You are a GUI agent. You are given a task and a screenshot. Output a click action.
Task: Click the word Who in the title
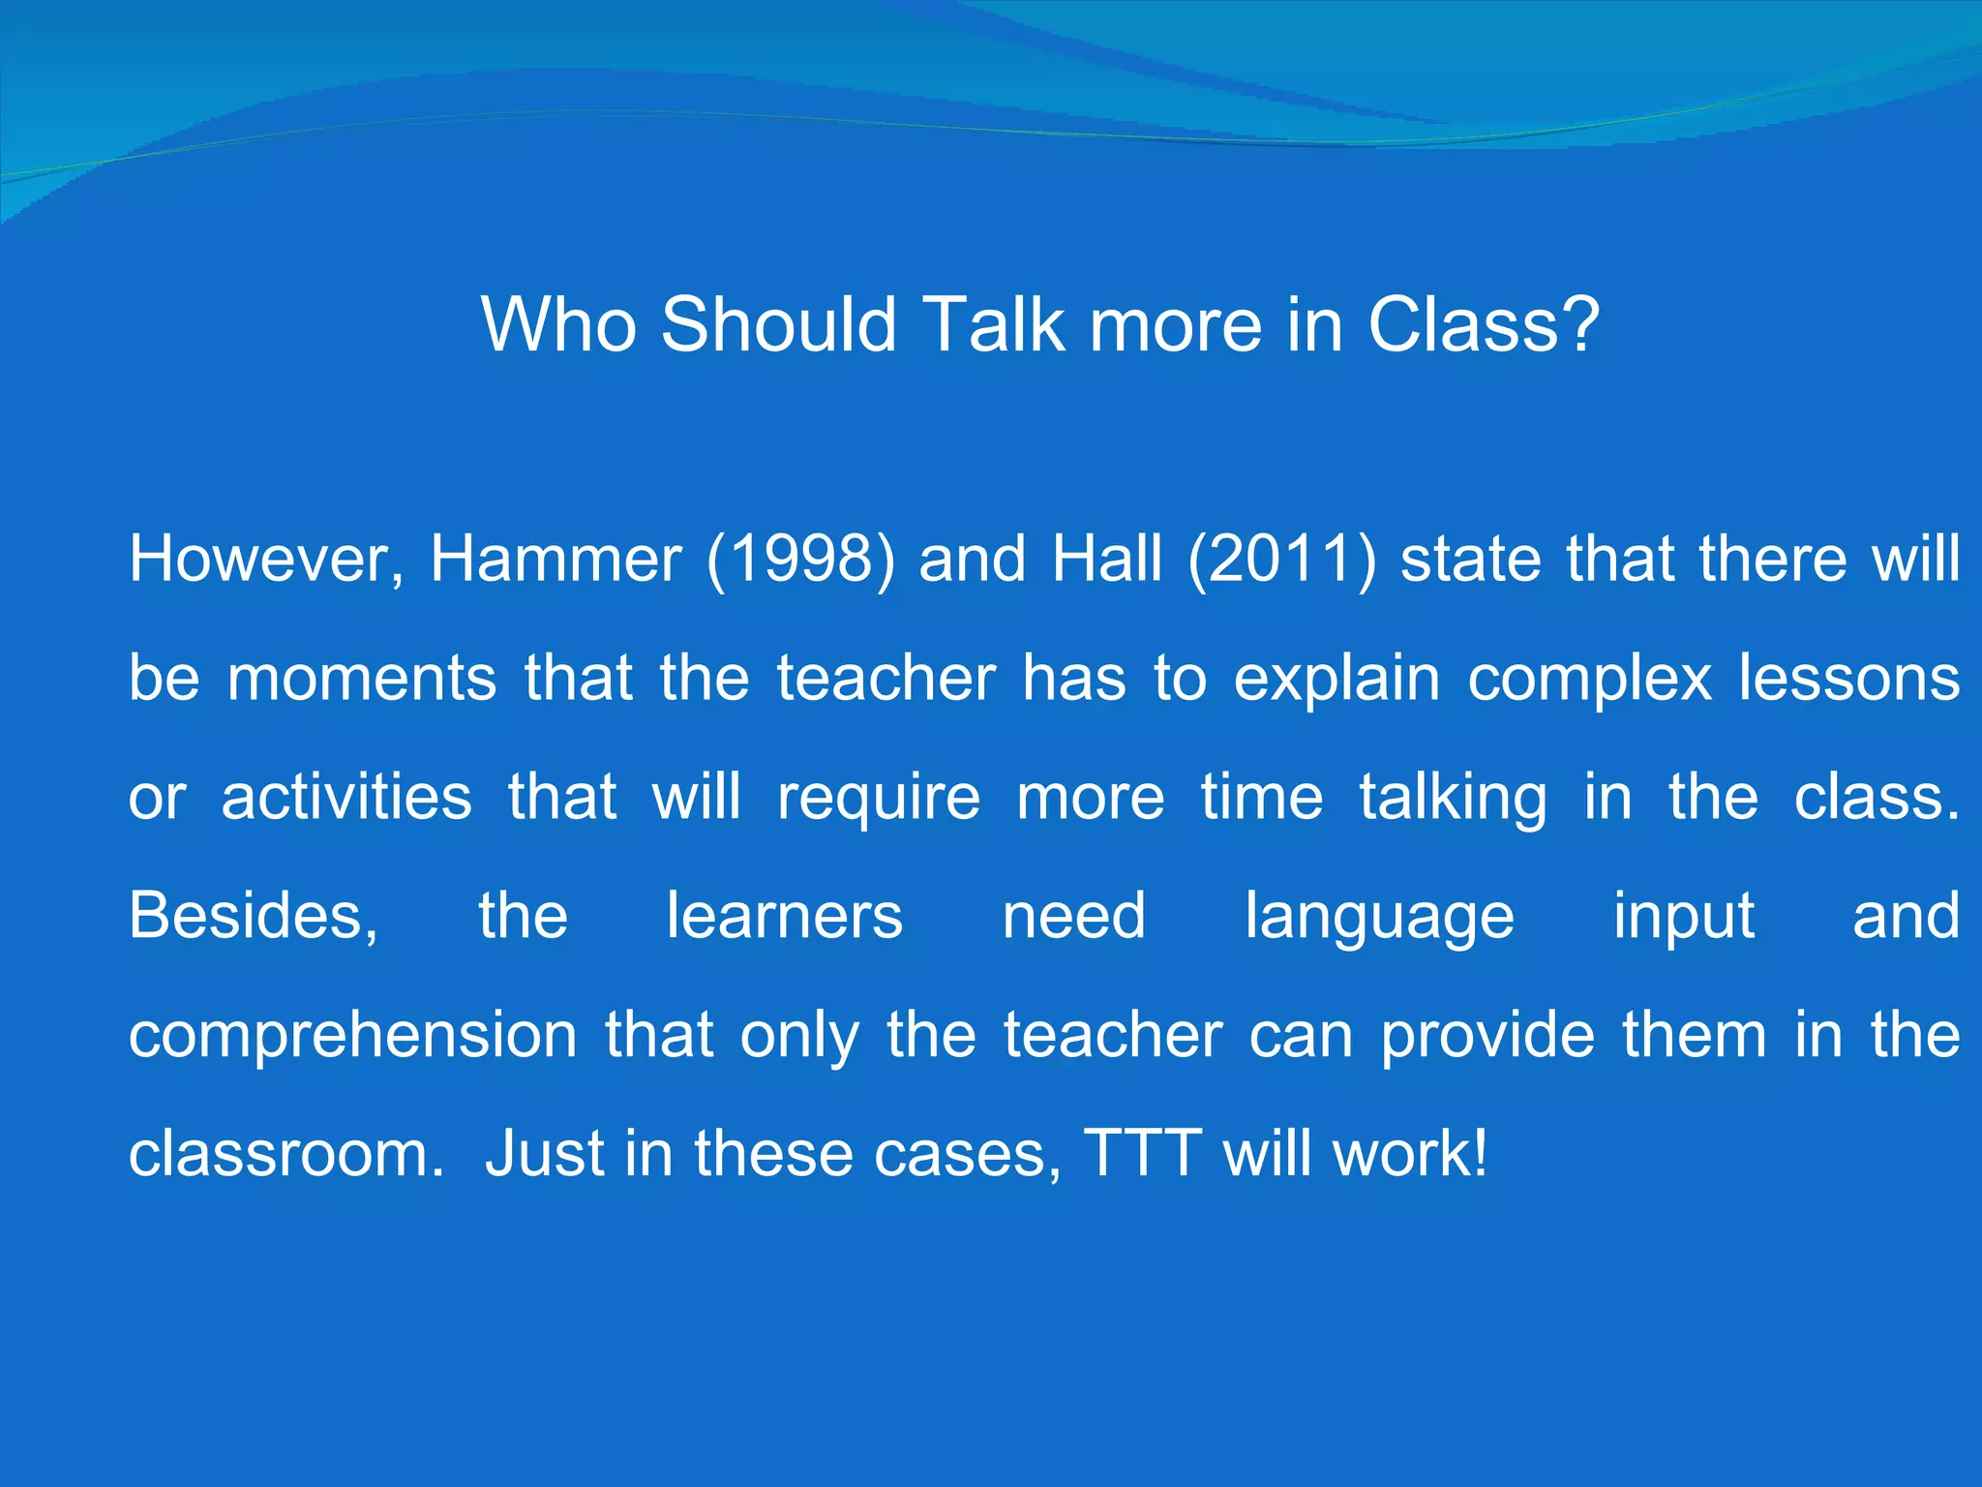[x=558, y=324]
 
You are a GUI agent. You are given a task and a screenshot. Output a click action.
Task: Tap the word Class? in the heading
[x=1484, y=324]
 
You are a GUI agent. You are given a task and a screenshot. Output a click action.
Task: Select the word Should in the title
[x=779, y=324]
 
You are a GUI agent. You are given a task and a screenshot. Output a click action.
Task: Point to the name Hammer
[x=556, y=560]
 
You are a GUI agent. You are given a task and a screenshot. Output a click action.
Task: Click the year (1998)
[x=801, y=560]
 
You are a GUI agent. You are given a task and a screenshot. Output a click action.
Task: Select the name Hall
[x=1107, y=560]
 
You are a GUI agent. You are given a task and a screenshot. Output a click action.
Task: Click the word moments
[x=362, y=678]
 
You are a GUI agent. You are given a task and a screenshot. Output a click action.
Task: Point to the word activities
[x=346, y=797]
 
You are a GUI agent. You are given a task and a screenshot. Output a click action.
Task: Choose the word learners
[x=785, y=916]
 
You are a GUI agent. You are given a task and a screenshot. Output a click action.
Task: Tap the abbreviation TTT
[x=1143, y=1154]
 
